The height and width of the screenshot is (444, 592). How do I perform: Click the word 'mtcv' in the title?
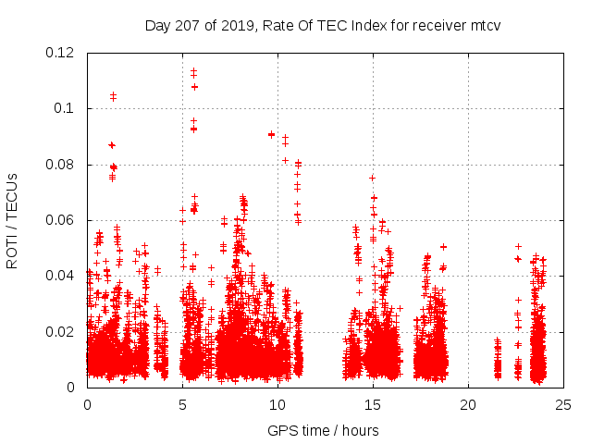[x=484, y=25]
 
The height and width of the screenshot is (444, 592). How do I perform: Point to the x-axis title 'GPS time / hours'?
[x=323, y=430]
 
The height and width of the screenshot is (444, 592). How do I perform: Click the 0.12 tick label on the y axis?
[x=60, y=53]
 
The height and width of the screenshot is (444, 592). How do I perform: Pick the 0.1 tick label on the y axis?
[x=68, y=108]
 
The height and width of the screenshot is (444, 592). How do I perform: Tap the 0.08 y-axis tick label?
[x=60, y=165]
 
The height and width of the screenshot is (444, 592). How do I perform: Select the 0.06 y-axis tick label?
[x=60, y=220]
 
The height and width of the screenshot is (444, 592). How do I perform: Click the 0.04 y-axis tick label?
[x=60, y=276]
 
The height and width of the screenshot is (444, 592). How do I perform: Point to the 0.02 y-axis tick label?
[x=60, y=331]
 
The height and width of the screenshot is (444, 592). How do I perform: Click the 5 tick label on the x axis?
[x=182, y=404]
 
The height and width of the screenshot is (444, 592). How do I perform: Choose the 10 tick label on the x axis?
[x=277, y=404]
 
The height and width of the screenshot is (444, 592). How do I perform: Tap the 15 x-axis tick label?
[x=373, y=404]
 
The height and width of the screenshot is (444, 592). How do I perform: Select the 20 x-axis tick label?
[x=468, y=404]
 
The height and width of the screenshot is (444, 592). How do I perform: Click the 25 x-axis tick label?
[x=563, y=404]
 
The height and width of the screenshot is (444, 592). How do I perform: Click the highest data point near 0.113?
[x=193, y=70]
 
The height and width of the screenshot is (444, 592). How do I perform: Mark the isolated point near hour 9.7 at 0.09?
[x=271, y=134]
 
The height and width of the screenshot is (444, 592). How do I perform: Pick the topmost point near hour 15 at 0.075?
[x=372, y=178]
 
